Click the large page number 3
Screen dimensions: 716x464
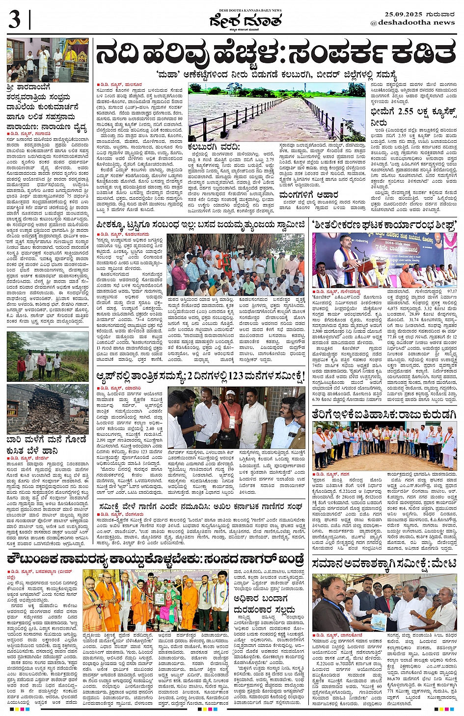[15, 21]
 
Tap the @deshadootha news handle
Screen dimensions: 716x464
[412, 23]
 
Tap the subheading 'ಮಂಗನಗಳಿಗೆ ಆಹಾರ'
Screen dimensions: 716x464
[308, 195]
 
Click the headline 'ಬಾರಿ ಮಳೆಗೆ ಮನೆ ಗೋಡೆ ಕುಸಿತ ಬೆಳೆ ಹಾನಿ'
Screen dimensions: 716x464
[46, 445]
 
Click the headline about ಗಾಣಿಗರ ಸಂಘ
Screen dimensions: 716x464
[200, 506]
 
